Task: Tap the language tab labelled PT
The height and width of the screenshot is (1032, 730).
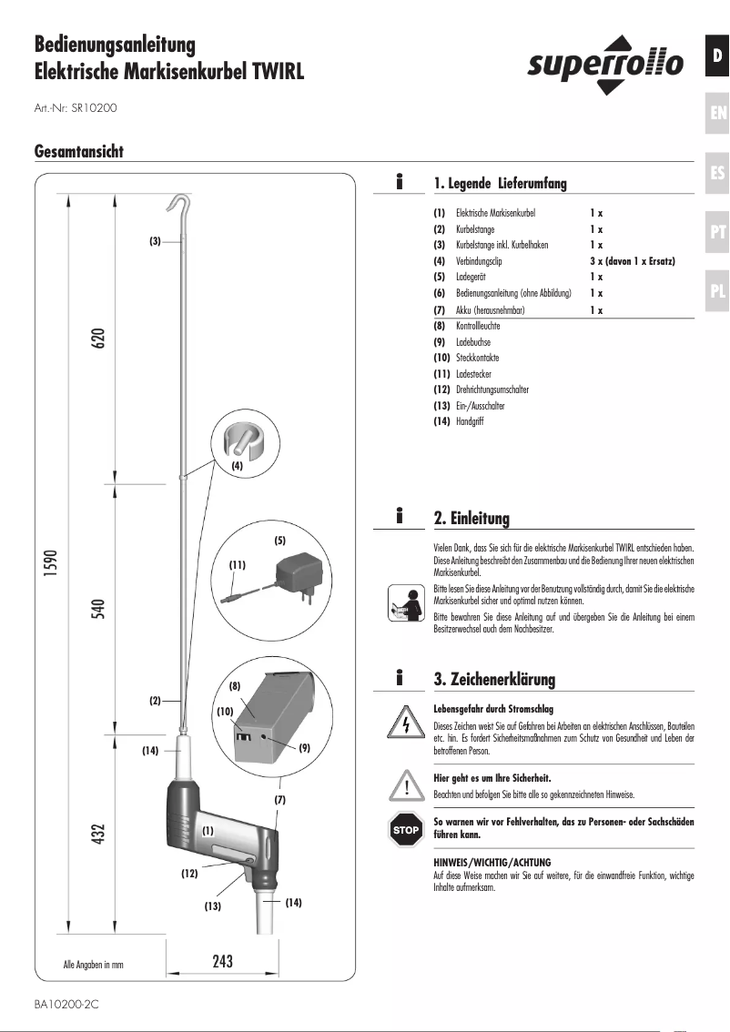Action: pyautogui.click(x=717, y=232)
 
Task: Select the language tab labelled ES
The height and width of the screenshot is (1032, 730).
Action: pyautogui.click(x=717, y=172)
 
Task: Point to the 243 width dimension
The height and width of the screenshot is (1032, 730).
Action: pyautogui.click(x=222, y=961)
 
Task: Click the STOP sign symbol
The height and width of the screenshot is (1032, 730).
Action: pyautogui.click(x=405, y=830)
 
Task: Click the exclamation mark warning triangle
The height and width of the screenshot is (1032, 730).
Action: pyautogui.click(x=405, y=784)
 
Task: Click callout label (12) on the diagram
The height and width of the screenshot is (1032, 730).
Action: pyautogui.click(x=188, y=874)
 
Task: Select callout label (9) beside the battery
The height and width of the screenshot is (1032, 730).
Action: pyautogui.click(x=304, y=746)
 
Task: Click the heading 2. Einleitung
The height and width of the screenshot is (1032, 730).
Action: pyautogui.click(x=471, y=519)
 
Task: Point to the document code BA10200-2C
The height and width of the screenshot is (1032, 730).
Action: pyautogui.click(x=66, y=1006)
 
